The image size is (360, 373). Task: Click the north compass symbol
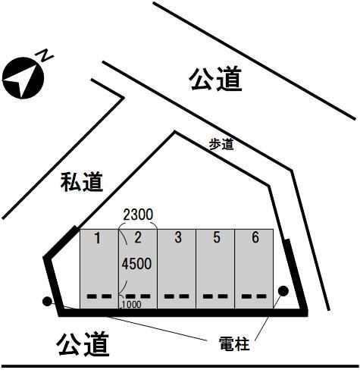point(23,78)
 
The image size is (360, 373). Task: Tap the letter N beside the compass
point(45,56)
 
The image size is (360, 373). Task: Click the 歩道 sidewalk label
point(221,145)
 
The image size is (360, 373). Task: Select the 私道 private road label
point(82,182)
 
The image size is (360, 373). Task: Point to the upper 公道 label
point(216,79)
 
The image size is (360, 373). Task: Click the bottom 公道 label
point(83,344)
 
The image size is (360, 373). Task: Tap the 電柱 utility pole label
point(234,344)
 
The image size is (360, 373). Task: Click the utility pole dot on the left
point(47,302)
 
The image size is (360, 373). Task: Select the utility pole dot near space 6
point(283,291)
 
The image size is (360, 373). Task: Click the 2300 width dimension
point(138,215)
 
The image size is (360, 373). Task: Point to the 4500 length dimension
point(136,264)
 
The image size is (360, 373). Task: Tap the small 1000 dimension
point(131,305)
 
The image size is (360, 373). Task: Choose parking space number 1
point(98,238)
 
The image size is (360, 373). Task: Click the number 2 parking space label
point(138,237)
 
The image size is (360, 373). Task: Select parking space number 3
point(178,237)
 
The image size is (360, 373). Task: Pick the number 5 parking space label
point(217,237)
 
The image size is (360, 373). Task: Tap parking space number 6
point(255,237)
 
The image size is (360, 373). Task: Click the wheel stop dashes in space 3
point(177,296)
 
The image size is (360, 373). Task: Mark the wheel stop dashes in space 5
point(215,296)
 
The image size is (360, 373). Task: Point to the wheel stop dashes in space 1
point(99,296)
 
